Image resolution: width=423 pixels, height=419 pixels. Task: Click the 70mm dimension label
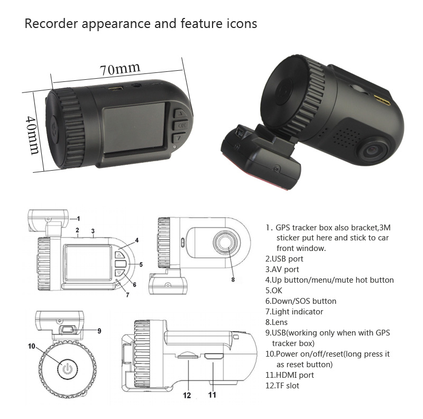[x=120, y=69]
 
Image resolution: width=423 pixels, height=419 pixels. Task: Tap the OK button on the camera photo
[x=181, y=126]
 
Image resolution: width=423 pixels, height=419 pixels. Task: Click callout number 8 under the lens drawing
[x=233, y=279]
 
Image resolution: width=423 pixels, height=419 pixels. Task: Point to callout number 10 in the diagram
[x=32, y=346]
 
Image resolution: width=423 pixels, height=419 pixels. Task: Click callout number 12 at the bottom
[x=187, y=394]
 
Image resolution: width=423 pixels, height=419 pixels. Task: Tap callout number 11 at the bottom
[x=212, y=394]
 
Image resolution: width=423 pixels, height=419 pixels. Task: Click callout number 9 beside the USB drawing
[x=99, y=331]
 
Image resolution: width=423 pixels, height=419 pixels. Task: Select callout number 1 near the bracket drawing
[x=78, y=218]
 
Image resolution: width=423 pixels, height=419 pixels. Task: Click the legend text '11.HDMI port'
[x=289, y=375]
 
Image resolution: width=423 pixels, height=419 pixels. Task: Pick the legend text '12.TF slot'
[x=282, y=386]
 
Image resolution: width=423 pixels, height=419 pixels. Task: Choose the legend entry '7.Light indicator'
[x=294, y=312]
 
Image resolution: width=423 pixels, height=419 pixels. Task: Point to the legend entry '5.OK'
[x=274, y=291]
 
